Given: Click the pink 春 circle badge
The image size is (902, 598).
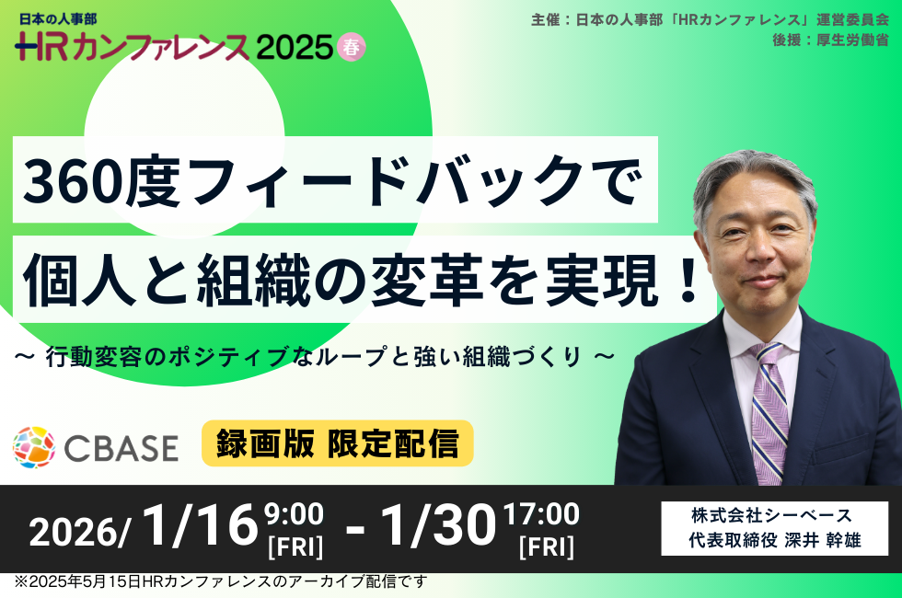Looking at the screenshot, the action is [351, 47].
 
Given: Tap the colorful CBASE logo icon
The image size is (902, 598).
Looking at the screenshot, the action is [34, 447].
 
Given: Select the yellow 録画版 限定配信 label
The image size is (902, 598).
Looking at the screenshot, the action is [337, 443].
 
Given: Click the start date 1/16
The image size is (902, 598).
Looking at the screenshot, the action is [200, 524].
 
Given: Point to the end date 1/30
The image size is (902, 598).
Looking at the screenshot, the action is [438, 524].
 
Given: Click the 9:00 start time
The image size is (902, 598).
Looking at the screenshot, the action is [294, 514].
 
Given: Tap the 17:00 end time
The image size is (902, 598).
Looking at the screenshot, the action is [541, 514].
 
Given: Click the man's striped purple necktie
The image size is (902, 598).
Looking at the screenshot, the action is [769, 411].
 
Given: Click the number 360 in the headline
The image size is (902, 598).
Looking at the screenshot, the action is [75, 181].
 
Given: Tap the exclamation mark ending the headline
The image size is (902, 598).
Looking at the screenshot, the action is [688, 281].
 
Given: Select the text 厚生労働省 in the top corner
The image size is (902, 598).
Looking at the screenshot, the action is [852, 40].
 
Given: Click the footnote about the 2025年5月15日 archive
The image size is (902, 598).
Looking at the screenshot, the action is [221, 581].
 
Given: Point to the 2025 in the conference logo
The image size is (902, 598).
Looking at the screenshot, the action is [295, 47].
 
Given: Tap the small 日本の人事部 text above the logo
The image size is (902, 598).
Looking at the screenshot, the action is [58, 19].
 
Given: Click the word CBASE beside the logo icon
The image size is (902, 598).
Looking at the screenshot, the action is [121, 449].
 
